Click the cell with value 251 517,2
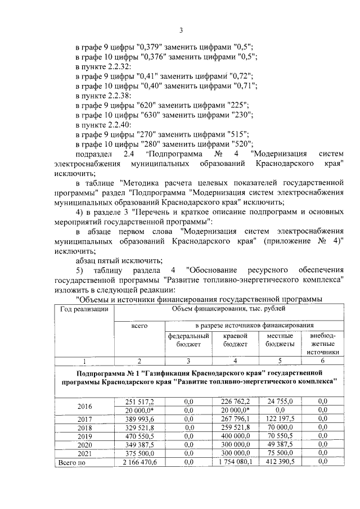point(139,401)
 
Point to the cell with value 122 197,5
point(280,418)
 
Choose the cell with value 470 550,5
point(139,436)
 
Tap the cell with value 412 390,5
point(280,462)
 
